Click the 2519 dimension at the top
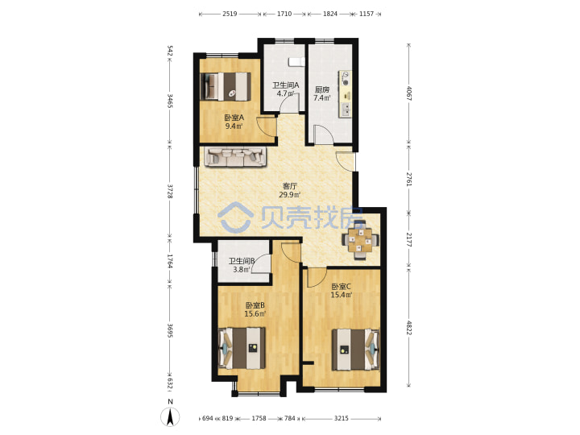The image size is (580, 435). click(230, 14)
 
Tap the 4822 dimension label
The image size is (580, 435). click(408, 327)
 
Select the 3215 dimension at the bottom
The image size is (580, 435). click(341, 418)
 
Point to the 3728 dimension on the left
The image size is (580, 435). click(170, 191)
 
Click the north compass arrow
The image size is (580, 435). click(170, 417)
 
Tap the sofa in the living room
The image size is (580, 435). click(235, 157)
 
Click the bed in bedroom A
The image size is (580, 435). click(226, 86)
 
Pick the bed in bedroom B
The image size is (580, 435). click(242, 348)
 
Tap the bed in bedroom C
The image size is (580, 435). click(355, 350)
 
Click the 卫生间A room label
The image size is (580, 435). click(285, 85)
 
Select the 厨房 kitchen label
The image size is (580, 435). click(321, 89)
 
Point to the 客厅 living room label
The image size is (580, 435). click(290, 186)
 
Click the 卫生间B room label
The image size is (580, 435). click(242, 261)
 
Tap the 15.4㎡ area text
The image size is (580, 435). click(341, 295)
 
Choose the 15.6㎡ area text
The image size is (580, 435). click(255, 313)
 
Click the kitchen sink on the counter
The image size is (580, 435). click(346, 110)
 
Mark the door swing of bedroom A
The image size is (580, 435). click(265, 126)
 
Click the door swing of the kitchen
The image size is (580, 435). click(322, 134)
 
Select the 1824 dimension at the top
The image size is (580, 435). click(330, 14)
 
